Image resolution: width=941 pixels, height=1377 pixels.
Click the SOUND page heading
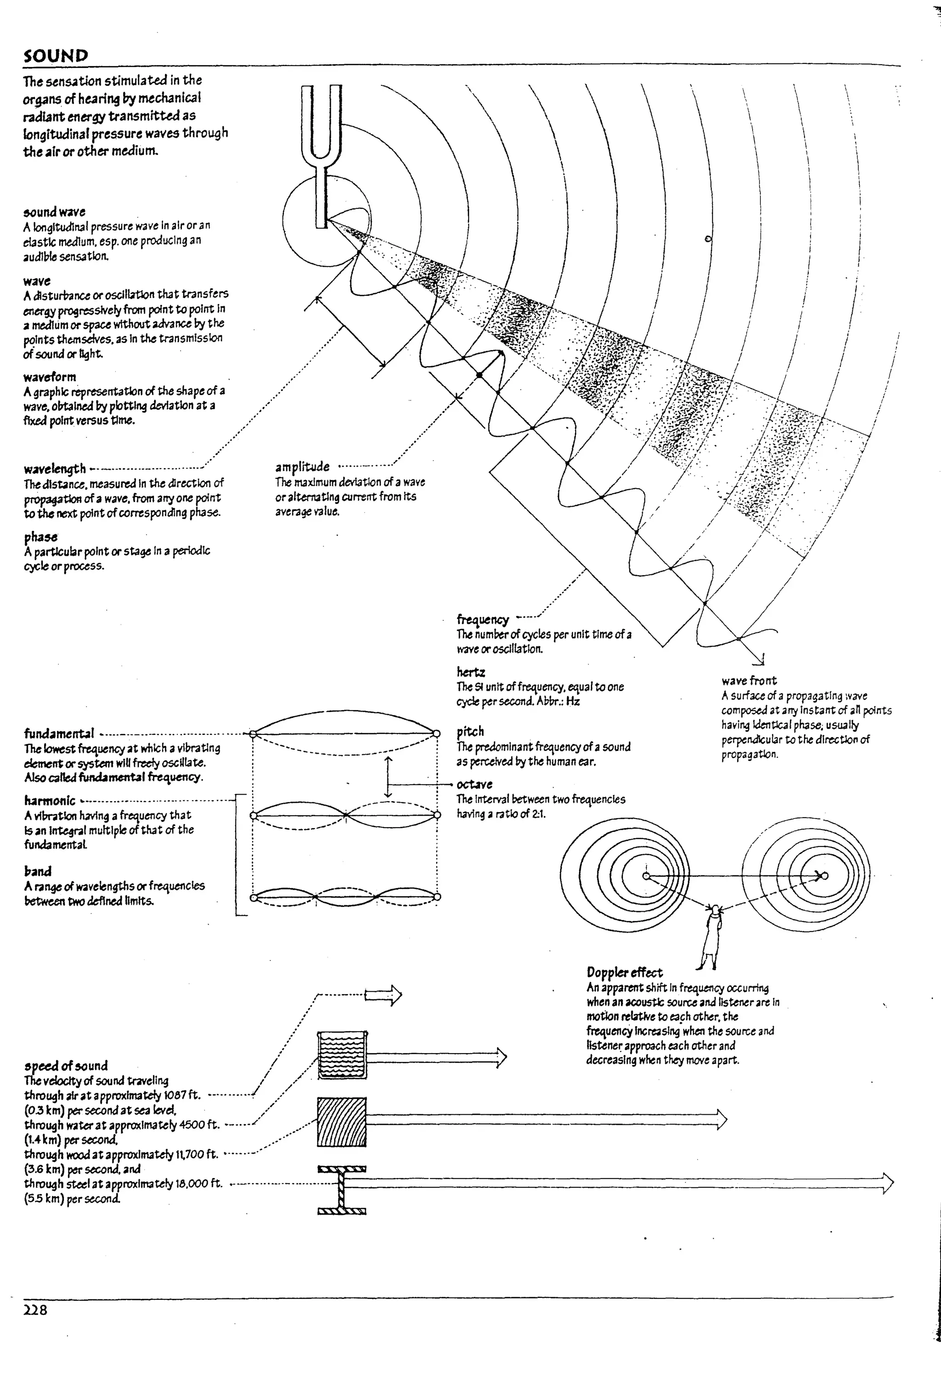56,56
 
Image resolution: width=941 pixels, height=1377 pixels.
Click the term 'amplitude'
302,466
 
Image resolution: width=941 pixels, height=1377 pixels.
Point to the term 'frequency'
482,619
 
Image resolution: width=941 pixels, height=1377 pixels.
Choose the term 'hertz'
470,672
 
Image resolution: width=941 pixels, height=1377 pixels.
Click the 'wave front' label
748,680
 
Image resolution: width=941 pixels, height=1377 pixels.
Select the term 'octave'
474,784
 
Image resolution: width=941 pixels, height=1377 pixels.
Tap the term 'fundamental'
59,734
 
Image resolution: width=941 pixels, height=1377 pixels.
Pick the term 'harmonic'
50,801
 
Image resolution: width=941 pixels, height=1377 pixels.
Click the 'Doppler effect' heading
624,972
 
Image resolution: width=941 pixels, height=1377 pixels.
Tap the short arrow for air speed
383,996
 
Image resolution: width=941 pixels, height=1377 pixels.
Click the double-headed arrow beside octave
388,777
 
